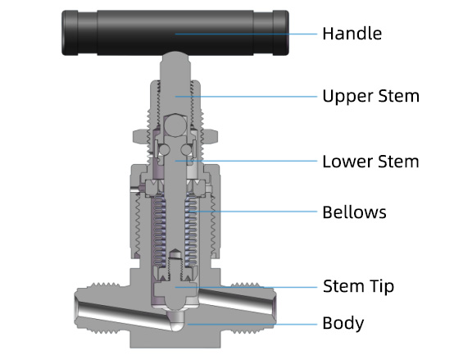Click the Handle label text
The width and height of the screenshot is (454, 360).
click(x=352, y=34)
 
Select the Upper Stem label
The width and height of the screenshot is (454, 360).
click(x=371, y=97)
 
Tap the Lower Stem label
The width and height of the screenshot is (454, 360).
click(x=370, y=162)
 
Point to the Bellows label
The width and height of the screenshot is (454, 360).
click(x=354, y=212)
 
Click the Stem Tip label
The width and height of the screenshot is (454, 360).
click(x=358, y=286)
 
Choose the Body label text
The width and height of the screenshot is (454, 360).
click(x=343, y=323)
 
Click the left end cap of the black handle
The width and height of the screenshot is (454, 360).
click(x=70, y=33)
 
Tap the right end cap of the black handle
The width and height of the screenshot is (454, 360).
click(x=280, y=33)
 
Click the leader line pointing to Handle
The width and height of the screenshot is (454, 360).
click(x=246, y=34)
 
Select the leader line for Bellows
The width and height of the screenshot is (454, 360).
click(x=252, y=212)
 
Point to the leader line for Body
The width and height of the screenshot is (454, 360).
click(x=252, y=324)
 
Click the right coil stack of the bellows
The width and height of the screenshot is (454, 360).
click(x=191, y=229)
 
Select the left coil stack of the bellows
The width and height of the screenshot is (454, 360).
click(x=159, y=229)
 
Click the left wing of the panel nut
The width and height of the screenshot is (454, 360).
click(x=140, y=136)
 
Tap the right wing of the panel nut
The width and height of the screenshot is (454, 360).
click(x=210, y=136)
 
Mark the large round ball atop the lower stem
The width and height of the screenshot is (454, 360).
click(x=175, y=125)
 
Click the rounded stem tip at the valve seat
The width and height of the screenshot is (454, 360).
click(x=175, y=305)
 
